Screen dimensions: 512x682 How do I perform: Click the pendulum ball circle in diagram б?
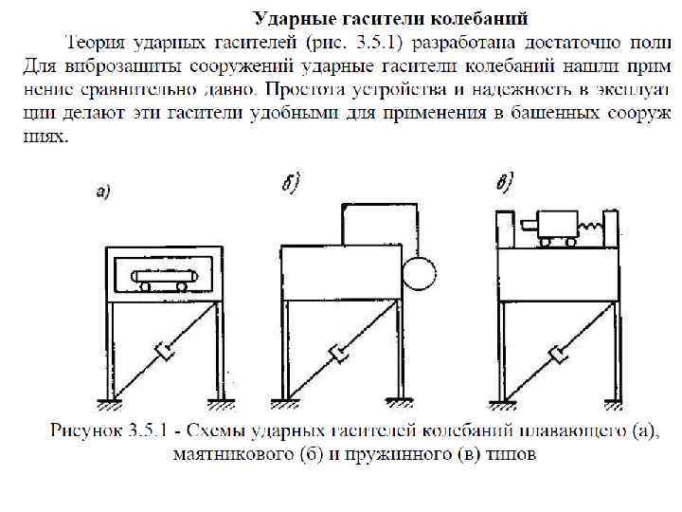tap(418, 274)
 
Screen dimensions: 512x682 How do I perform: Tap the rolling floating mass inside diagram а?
tap(168, 282)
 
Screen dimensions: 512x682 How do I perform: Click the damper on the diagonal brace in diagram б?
tap(338, 355)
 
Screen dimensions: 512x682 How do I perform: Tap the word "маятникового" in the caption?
tap(228, 454)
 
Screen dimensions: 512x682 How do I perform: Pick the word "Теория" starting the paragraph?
tap(92, 43)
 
